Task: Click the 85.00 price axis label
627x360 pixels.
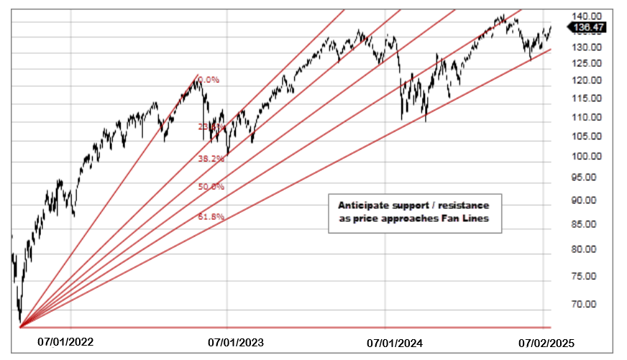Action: coord(586,224)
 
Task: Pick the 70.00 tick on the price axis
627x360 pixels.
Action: coord(586,304)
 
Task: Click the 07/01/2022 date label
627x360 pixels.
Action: coord(65,343)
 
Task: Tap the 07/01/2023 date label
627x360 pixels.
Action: coord(236,343)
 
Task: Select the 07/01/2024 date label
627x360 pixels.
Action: coord(394,343)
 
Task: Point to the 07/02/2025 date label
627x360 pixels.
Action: coord(547,343)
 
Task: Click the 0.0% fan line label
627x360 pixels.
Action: coord(208,80)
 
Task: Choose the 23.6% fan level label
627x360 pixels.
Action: coord(211,126)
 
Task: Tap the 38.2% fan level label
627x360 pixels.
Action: coord(211,159)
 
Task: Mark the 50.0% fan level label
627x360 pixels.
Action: coord(211,187)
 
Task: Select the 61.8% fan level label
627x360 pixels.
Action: coord(211,216)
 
